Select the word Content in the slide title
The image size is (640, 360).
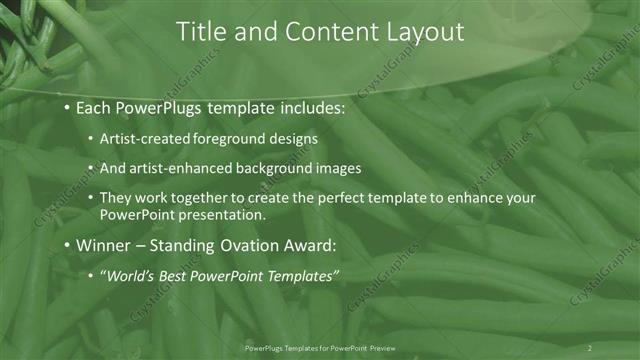tap(326, 32)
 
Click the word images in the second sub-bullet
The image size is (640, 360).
tap(338, 168)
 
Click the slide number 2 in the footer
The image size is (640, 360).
tap(590, 348)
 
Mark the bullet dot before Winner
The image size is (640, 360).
tap(66, 247)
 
